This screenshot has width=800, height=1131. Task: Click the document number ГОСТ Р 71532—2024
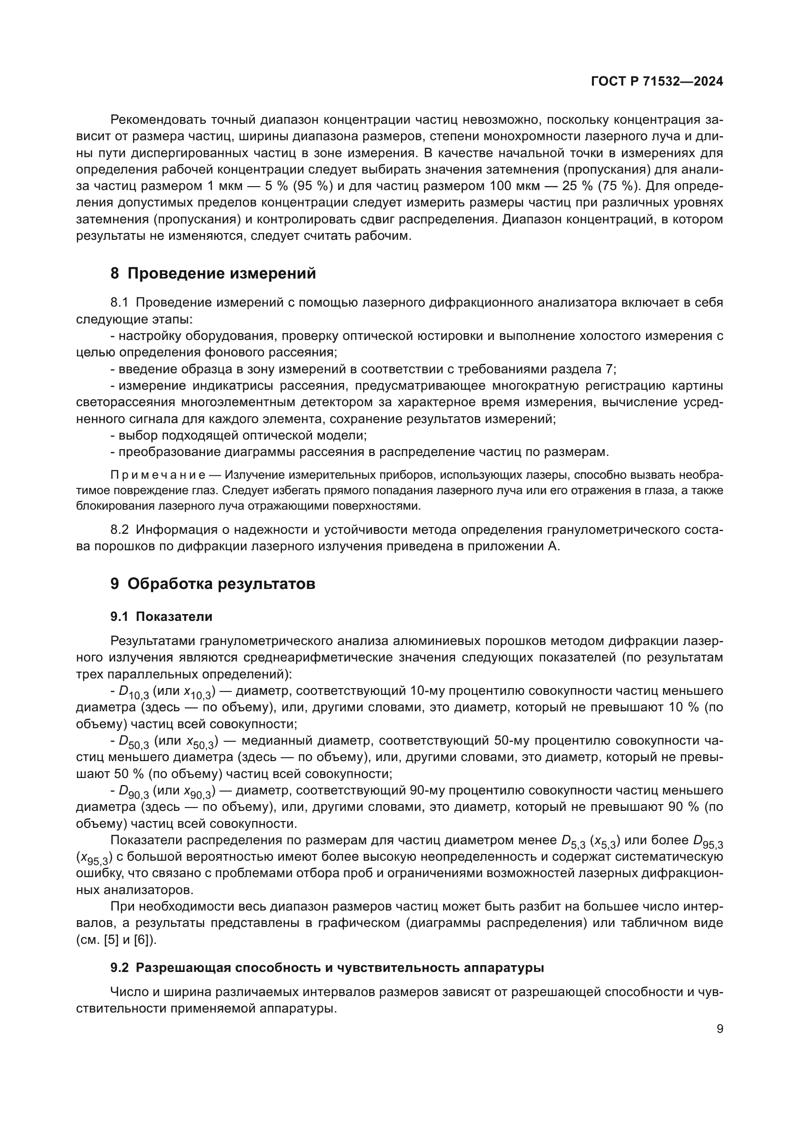[657, 82]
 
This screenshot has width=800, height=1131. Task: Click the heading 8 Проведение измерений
[213, 273]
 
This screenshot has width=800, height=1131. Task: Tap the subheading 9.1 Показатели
[161, 617]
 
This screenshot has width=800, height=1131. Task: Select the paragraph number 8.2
[119, 529]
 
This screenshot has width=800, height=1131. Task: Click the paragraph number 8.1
[119, 302]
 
